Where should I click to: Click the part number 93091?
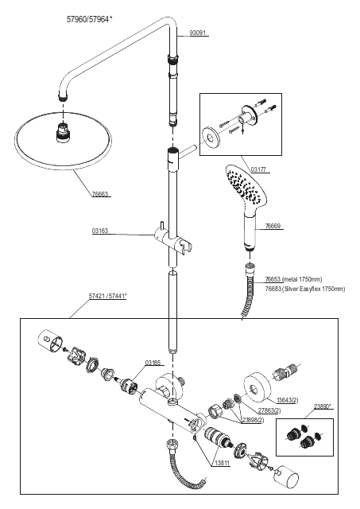(x=198, y=33)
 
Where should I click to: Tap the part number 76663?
(x=100, y=194)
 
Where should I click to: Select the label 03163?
(x=100, y=231)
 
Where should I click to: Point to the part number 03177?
(x=259, y=169)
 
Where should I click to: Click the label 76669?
(x=273, y=226)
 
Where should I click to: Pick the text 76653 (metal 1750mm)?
(x=293, y=279)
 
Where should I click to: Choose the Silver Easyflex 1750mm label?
(x=314, y=289)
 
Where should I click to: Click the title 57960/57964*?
(x=90, y=19)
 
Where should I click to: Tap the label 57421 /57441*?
(x=107, y=297)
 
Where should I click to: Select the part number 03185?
(x=153, y=363)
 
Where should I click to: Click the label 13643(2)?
(x=288, y=400)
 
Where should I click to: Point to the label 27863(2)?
(x=269, y=410)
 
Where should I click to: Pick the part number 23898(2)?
(x=253, y=420)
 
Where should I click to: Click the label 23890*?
(x=323, y=406)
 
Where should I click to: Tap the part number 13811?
(x=223, y=464)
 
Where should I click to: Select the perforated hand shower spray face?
(x=245, y=184)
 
